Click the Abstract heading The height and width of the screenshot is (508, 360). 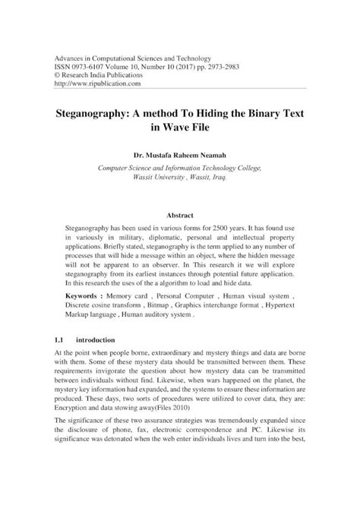(x=179, y=216)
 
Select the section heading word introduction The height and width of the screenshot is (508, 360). (x=102, y=340)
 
